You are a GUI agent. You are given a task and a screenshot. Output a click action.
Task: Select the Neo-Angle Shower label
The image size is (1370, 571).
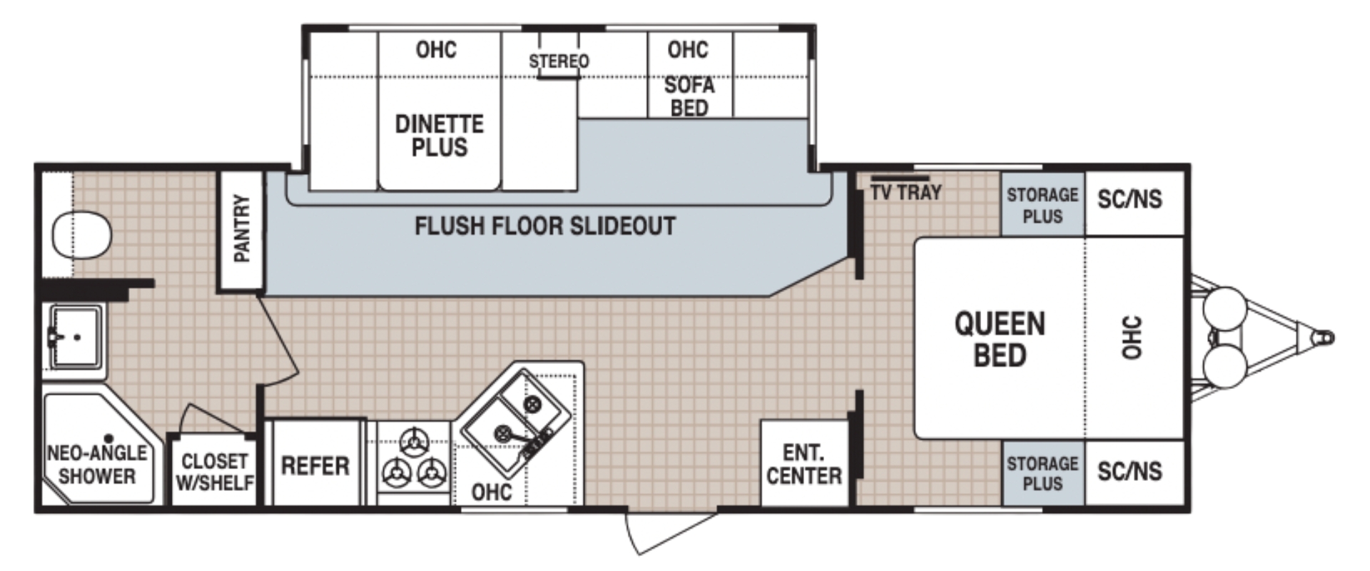click(96, 464)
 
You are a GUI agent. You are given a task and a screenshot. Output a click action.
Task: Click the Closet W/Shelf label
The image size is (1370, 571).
click(214, 472)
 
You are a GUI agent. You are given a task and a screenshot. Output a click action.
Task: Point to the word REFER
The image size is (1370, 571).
click(315, 466)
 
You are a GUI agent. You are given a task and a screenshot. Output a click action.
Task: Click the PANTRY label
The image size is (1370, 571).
click(241, 228)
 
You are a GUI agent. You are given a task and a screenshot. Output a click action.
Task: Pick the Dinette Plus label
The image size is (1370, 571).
click(439, 136)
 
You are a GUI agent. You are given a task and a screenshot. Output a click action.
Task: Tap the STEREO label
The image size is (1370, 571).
click(559, 61)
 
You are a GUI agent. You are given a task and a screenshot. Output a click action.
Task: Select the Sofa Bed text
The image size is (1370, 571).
click(689, 96)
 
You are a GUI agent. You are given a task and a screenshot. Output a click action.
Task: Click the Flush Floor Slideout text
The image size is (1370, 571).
click(545, 226)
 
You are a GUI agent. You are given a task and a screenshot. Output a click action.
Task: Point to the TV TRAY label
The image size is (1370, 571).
click(905, 192)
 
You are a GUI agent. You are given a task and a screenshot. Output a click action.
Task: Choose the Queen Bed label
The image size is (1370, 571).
click(1000, 339)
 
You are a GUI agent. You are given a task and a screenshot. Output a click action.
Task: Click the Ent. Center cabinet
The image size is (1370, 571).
click(804, 464)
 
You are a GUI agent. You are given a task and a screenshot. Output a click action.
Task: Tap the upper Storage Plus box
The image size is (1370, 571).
click(1042, 205)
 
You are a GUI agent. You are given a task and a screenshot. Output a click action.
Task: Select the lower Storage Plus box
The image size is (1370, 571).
click(1042, 473)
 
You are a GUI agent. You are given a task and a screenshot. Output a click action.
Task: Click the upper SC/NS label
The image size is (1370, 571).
click(1130, 199)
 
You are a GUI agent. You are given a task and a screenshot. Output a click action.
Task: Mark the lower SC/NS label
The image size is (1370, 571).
click(1130, 471)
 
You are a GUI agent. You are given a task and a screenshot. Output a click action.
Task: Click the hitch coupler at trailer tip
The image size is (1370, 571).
click(1325, 338)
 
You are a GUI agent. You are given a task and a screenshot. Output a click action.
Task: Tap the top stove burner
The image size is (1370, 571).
click(415, 440)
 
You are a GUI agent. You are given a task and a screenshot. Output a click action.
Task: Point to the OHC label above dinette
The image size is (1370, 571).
click(436, 50)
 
